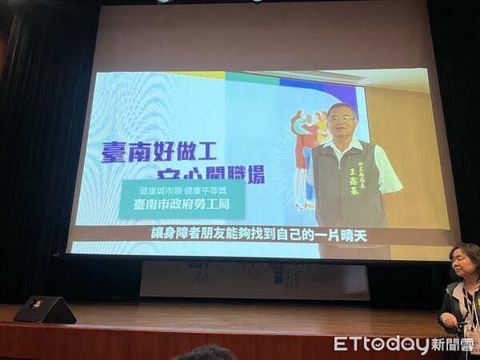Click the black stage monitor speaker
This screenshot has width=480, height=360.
point(45,310)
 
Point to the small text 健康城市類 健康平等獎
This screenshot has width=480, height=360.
point(182,191)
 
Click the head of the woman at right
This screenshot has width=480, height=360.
point(465,262)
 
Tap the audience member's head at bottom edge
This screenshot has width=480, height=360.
point(206,353)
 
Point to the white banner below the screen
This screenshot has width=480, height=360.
point(254,280)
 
